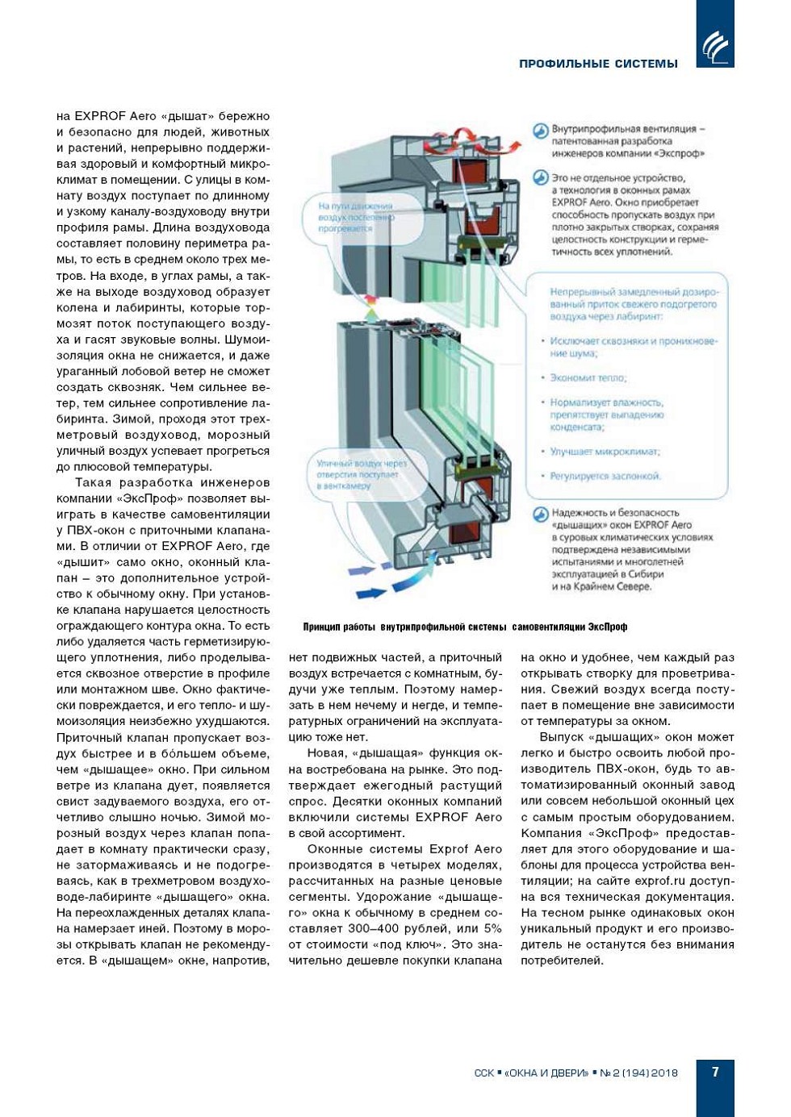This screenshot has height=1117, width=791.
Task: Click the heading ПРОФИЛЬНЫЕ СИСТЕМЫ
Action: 598,64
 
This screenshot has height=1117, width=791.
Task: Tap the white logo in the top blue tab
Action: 715,47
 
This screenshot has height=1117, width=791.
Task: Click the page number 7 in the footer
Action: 715,1072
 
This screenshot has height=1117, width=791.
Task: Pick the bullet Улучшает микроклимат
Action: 605,452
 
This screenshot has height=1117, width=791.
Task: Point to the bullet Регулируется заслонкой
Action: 605,476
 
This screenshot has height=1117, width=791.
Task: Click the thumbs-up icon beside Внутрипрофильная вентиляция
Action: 540,131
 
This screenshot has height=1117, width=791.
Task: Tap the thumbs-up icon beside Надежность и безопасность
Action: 540,515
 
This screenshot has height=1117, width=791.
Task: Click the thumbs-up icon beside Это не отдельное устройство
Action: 540,179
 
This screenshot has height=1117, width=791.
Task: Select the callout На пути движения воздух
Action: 356,217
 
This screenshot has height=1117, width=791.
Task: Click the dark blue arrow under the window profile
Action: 370,594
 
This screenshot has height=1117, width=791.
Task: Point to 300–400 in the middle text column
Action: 384,929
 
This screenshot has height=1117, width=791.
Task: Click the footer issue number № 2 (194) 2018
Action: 638,1073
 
